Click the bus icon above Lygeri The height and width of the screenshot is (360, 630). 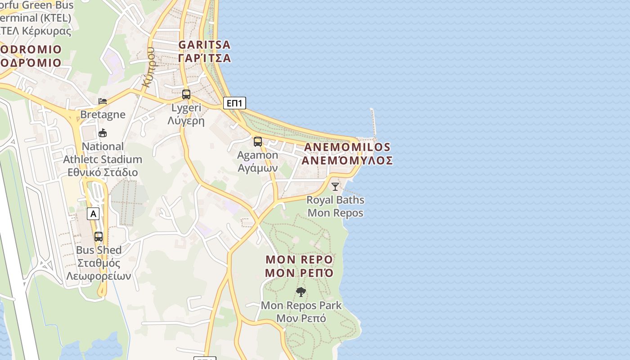click(186, 94)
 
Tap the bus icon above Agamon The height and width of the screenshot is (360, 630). click(258, 142)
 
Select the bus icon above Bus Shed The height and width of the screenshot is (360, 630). click(99, 236)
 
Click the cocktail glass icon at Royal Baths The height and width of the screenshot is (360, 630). click(335, 186)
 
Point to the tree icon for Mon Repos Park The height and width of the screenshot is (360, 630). click(301, 292)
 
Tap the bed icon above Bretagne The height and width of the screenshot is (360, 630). click(103, 101)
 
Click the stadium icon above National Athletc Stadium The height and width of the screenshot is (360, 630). click(103, 133)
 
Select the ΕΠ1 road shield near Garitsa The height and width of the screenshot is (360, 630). click(234, 103)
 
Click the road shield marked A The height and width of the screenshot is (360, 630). click(93, 214)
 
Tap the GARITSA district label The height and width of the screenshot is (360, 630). click(204, 45)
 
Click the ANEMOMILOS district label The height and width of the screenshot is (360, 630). click(347, 147)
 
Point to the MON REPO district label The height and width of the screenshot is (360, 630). click(299, 260)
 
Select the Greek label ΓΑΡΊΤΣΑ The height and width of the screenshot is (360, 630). click(204, 58)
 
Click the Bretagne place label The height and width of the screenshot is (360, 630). click(103, 114)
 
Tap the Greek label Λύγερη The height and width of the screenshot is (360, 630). click(186, 121)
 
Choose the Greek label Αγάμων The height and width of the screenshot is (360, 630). click(258, 168)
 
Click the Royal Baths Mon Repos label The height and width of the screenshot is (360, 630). click(335, 206)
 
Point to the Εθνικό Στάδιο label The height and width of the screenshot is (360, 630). click(103, 172)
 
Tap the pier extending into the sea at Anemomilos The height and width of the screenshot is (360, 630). click(373, 122)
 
